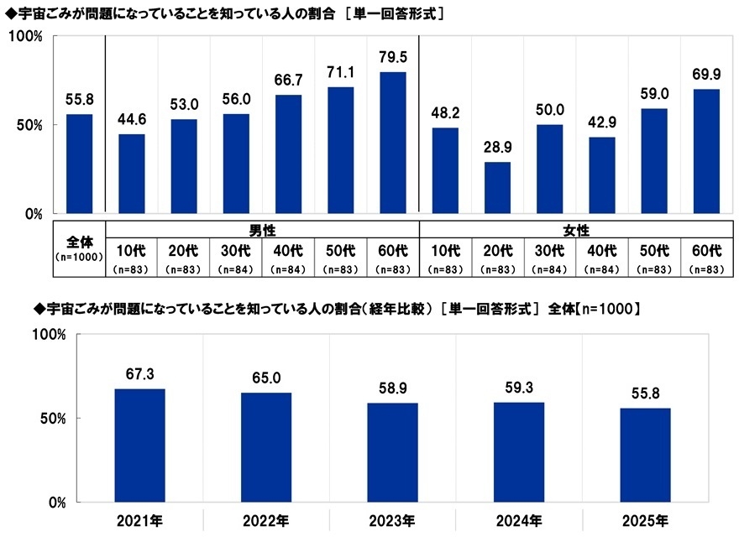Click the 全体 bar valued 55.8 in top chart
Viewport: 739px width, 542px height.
coord(79,164)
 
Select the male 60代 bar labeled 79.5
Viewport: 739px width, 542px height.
coord(392,143)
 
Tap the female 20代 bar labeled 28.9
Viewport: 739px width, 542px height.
coord(497,188)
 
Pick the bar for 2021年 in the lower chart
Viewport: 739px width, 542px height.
coord(139,446)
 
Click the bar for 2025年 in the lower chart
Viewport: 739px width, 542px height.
coord(645,455)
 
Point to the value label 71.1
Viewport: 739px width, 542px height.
coord(340,71)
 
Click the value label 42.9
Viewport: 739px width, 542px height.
coord(601,122)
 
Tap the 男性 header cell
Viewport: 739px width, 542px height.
coord(262,229)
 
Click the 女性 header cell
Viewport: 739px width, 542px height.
coord(575,229)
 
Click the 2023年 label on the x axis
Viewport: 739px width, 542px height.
coord(392,521)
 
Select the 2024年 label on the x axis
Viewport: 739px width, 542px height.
coord(519,521)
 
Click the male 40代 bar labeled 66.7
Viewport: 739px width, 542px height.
coord(288,154)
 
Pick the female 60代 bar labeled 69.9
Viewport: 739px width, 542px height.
coord(706,151)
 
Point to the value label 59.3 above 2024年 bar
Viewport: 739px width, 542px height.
coord(518,388)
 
